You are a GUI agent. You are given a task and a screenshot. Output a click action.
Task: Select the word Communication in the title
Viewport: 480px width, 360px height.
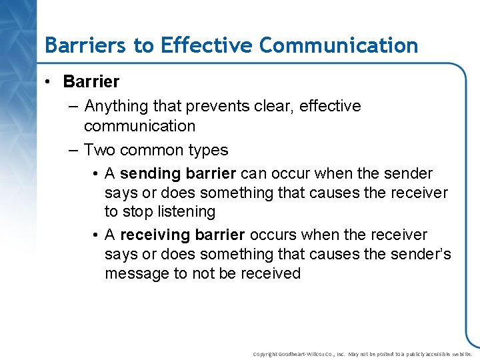click(339, 45)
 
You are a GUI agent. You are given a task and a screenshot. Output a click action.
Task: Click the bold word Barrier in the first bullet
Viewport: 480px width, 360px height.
click(91, 82)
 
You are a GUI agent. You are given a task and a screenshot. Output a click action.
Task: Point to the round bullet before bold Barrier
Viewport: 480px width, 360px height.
click(49, 82)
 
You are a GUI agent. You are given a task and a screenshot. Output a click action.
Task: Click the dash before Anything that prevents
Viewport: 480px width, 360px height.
click(73, 107)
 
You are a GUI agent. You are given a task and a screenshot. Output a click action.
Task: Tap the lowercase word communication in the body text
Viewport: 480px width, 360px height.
click(139, 126)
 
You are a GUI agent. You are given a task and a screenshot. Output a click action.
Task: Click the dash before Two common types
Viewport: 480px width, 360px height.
click(73, 151)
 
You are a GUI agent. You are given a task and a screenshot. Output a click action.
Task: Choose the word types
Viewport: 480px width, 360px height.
click(207, 151)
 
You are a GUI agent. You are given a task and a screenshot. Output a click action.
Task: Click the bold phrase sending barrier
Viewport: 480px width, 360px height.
click(178, 174)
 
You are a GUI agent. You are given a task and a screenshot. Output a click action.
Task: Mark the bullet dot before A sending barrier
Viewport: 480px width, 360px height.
click(97, 175)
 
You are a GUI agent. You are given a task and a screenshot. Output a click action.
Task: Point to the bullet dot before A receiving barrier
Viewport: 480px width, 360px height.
click(97, 236)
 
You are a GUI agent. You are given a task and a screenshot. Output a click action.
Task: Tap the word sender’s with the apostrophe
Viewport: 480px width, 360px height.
click(417, 255)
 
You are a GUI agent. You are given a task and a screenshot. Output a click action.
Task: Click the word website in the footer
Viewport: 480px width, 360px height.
click(460, 354)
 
